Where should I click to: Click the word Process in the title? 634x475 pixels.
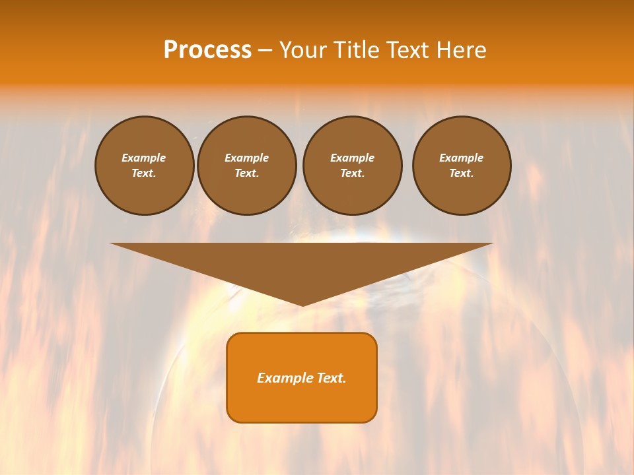click(x=207, y=50)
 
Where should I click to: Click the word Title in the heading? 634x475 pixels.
click(x=355, y=50)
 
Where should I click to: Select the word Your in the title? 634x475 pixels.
click(x=304, y=50)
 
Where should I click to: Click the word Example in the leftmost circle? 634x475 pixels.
click(x=144, y=158)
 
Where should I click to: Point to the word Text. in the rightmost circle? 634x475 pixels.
click(x=462, y=174)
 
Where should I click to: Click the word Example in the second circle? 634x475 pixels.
click(x=246, y=158)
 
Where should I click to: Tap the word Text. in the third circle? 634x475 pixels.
click(x=352, y=174)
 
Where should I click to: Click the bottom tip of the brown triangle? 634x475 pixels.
click(x=302, y=304)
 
